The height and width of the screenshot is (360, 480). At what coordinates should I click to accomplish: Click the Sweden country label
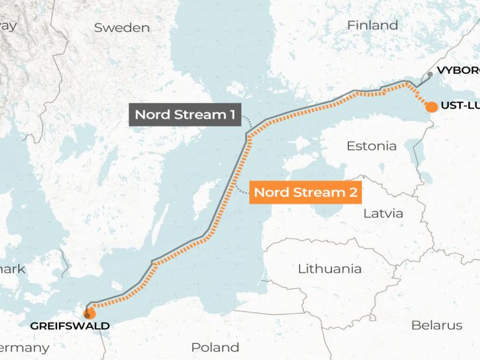121,28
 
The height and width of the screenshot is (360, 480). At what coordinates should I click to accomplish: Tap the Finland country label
372,26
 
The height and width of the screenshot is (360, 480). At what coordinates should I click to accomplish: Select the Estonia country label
371,146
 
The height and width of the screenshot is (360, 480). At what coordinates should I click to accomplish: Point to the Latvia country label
383,213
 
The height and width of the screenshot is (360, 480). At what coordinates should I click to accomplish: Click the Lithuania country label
329,269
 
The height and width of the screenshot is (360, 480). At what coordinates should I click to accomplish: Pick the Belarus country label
437,325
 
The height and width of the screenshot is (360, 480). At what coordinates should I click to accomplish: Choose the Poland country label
215,347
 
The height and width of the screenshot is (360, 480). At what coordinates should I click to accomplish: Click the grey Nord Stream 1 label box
185,115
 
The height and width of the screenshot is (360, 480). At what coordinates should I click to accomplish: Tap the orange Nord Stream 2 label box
305,193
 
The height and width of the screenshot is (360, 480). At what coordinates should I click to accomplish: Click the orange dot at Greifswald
90,313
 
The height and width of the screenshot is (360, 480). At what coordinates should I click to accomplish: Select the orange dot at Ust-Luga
431,106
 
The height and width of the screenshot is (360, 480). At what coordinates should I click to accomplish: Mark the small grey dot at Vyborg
429,75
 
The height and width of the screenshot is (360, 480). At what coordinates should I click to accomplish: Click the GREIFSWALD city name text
69,326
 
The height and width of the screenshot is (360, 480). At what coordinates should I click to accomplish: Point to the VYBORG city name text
458,70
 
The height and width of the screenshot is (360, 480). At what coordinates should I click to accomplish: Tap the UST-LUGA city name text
459,106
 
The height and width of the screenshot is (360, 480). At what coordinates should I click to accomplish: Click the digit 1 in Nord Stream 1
231,115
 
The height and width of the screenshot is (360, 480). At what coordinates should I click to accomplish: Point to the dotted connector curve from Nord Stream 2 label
240,189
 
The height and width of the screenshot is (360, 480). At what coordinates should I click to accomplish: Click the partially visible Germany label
24,348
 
